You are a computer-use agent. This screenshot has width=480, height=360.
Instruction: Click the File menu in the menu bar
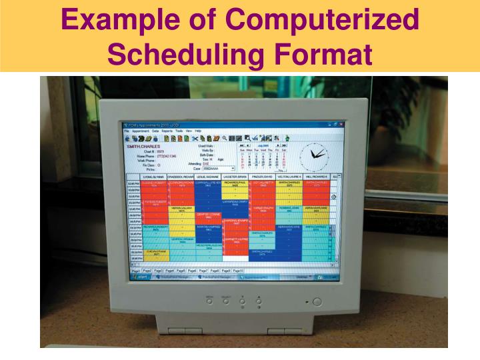pyautogui.click(x=127, y=131)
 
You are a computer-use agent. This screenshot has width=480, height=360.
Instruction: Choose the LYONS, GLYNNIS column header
pyautogui.click(x=154, y=176)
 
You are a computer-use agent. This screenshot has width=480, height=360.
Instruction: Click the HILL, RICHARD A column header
pyautogui.click(x=317, y=176)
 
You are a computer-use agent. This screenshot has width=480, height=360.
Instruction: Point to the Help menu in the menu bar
pyautogui.click(x=198, y=131)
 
